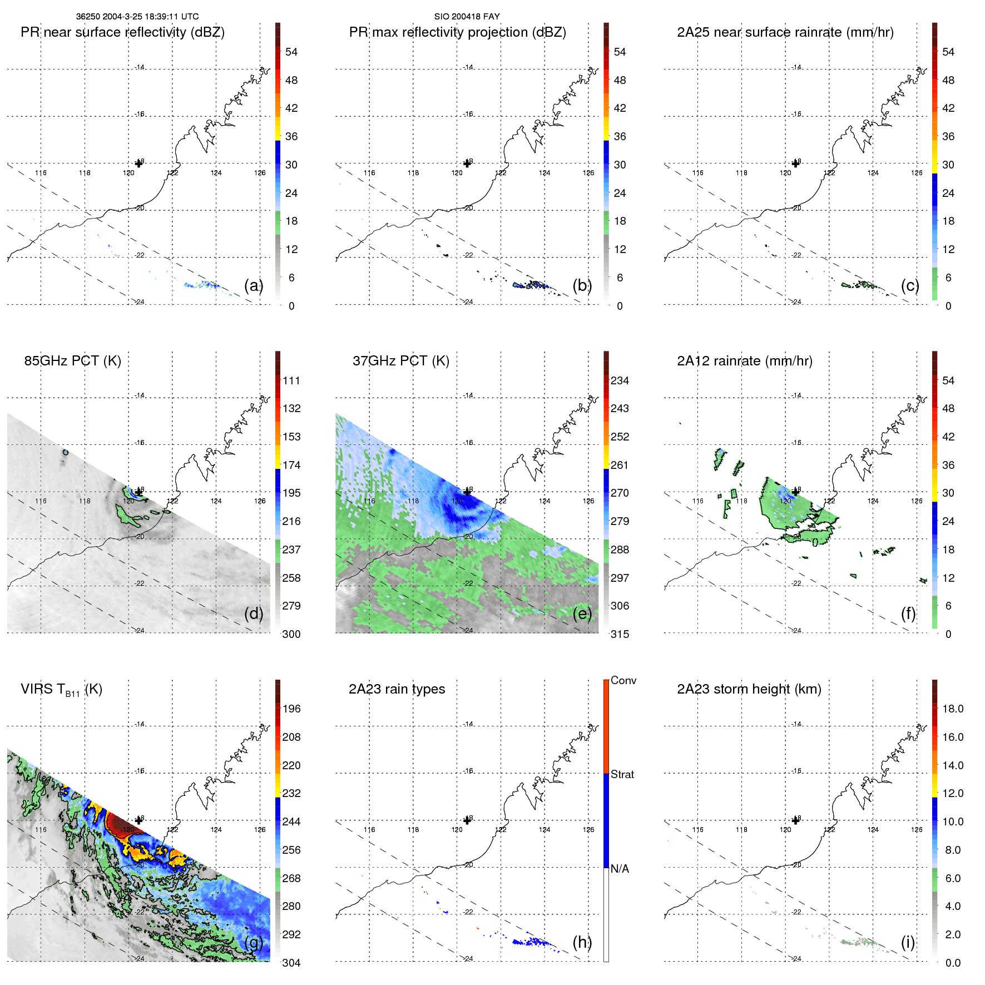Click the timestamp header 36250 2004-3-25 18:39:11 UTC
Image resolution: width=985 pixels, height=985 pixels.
(137, 17)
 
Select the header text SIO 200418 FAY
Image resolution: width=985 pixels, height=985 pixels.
(467, 17)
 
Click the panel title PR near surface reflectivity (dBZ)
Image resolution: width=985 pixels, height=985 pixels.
(122, 32)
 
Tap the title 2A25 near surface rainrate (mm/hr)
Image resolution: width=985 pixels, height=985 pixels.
(785, 32)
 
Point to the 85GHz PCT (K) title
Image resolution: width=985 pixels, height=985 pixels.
(72, 361)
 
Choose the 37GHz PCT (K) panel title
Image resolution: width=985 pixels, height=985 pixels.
(400, 361)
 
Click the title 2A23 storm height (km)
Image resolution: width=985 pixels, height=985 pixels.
(749, 689)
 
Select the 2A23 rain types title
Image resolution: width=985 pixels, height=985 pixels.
(397, 689)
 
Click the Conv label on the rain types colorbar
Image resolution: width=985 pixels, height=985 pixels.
(623, 680)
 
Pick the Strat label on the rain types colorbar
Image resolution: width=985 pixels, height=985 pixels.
(622, 774)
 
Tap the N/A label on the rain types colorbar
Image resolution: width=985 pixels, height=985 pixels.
(620, 869)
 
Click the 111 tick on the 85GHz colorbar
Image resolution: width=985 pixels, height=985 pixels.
(291, 380)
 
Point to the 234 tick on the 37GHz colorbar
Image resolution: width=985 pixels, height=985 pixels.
(620, 380)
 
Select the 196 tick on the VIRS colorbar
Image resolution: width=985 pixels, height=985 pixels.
(291, 709)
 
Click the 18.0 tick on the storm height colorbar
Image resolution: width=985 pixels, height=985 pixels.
(952, 709)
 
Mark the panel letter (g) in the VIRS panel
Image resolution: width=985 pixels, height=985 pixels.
(254, 942)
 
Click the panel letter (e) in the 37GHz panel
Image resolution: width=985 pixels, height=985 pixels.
(582, 613)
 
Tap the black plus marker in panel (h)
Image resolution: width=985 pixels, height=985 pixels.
(467, 820)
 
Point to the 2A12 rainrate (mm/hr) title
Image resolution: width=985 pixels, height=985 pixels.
(744, 361)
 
